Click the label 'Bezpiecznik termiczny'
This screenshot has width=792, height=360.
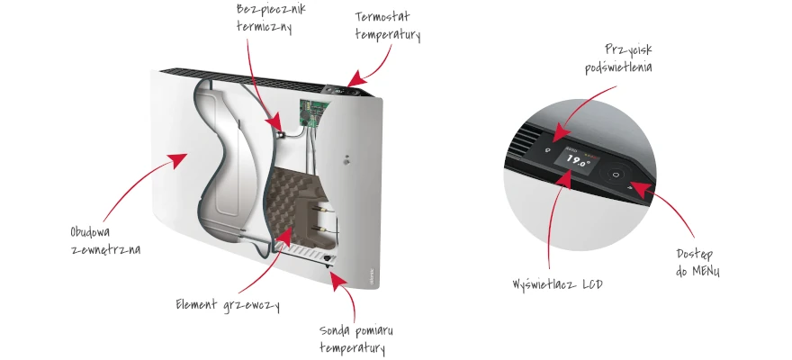[271, 18]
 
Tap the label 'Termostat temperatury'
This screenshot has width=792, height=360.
[387, 26]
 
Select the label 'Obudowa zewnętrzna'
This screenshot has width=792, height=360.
[105, 241]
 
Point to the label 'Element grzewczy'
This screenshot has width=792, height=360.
[228, 305]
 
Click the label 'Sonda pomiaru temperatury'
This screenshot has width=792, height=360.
[355, 340]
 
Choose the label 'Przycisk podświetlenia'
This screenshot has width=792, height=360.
[618, 59]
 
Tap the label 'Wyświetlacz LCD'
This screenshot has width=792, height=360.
[557, 284]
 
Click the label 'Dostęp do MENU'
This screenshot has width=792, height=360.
[697, 263]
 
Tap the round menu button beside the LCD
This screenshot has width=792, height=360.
[615, 175]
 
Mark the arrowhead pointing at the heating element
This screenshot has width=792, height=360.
[283, 235]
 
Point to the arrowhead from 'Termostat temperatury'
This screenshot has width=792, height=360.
[356, 78]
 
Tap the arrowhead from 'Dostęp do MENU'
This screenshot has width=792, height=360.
[641, 189]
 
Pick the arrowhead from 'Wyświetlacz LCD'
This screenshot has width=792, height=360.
[564, 179]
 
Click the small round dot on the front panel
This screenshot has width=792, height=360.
[346, 162]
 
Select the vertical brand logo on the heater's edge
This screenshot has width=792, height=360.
[372, 275]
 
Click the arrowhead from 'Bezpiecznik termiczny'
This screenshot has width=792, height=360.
[274, 123]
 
